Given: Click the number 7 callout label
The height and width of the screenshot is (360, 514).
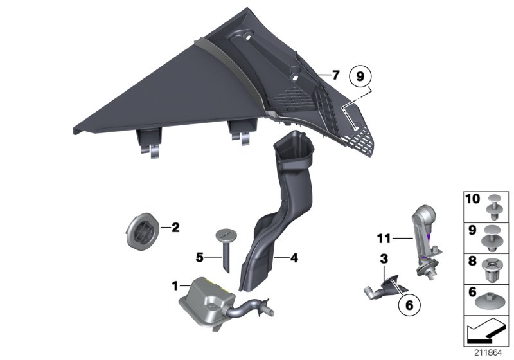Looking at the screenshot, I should pos(335,75).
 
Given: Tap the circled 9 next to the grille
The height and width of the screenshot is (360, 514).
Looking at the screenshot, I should pos(360,76).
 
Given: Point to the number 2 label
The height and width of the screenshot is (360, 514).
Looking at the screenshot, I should pos(175,226).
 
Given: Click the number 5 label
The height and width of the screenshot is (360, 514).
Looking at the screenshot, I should pos(200,257).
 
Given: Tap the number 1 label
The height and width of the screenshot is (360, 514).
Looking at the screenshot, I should pos(174,283).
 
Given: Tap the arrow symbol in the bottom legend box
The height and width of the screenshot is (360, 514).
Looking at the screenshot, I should pos(485,332).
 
